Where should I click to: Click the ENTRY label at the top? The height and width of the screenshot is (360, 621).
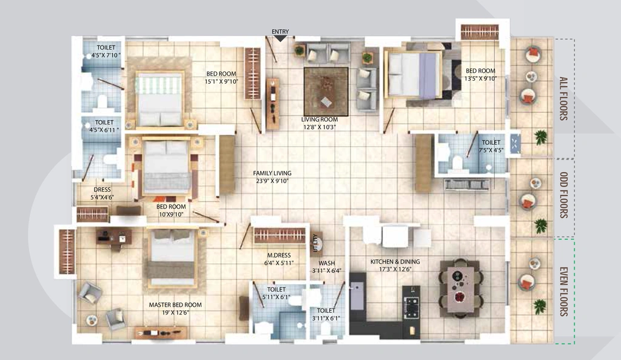click(x=280, y=32)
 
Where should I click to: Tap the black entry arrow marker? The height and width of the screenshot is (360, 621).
click(x=280, y=38)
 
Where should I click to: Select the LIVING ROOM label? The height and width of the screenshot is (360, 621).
click(x=320, y=119)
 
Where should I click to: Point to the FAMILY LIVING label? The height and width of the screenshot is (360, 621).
click(x=272, y=173)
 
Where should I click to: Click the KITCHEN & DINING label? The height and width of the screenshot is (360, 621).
click(x=395, y=262)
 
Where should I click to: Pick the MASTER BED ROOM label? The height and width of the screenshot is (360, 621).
click(x=175, y=305)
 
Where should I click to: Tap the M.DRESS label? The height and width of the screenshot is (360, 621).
click(x=279, y=256)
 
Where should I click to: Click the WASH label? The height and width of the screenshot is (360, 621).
click(x=327, y=263)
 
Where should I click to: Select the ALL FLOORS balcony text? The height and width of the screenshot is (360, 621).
click(x=563, y=99)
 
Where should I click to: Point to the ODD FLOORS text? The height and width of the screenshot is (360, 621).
click(x=563, y=195)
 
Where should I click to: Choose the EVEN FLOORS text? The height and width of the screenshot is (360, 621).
click(x=563, y=292)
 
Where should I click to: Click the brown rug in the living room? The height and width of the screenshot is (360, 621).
click(x=326, y=92)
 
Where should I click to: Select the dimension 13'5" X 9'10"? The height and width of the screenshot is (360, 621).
click(x=480, y=78)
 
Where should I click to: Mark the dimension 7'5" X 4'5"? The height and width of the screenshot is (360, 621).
click(x=491, y=150)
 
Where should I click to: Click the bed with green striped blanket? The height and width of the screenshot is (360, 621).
click(x=159, y=99)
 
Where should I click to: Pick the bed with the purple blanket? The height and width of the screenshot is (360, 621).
click(x=414, y=75)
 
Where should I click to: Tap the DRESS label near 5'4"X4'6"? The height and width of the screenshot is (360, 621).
click(x=102, y=190)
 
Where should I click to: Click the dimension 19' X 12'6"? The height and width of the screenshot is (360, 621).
click(x=175, y=313)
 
